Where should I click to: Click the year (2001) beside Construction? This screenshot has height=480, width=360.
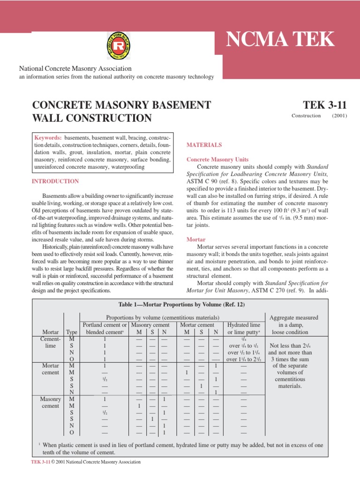pos(339,116)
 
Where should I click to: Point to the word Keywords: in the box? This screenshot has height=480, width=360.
pos(48,138)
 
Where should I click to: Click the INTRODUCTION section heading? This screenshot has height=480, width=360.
pos(55,181)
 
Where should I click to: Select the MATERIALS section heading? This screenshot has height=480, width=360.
pos(204,145)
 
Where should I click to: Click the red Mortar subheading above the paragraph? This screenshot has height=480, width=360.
pos(196,239)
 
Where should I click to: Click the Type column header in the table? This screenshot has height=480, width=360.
pos(72,332)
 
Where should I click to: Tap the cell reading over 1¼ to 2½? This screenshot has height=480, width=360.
pos(243,360)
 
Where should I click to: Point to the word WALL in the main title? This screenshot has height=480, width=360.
pos(48,118)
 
